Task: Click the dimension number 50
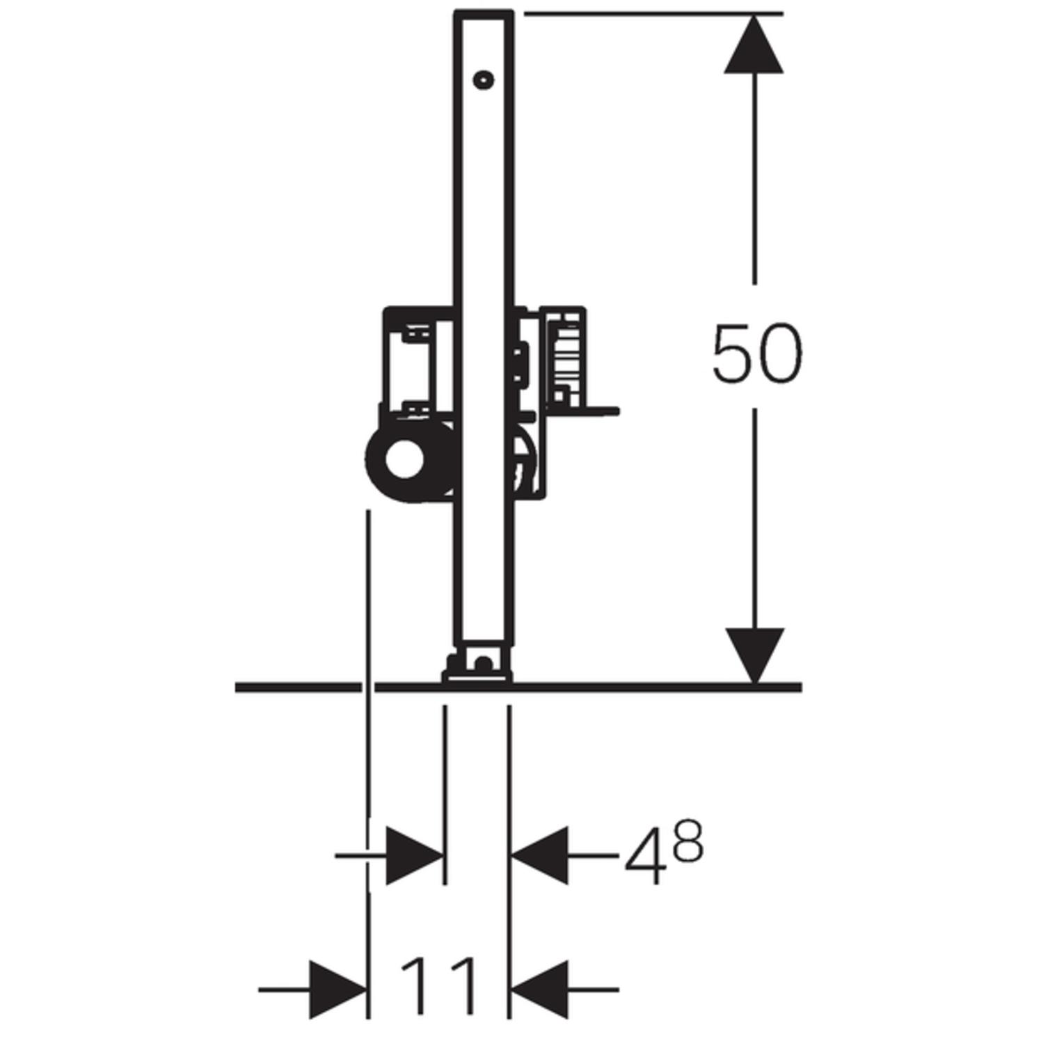coord(756,353)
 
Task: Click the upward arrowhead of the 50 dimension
coord(754,45)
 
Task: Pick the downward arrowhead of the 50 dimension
coord(754,653)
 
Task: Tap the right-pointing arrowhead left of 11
coord(338,989)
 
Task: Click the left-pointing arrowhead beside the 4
coord(540,856)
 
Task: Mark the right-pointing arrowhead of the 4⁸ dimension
coord(413,856)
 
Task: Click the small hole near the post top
coord(482,80)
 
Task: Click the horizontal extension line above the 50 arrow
coord(654,13)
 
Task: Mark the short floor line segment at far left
coord(297,687)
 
